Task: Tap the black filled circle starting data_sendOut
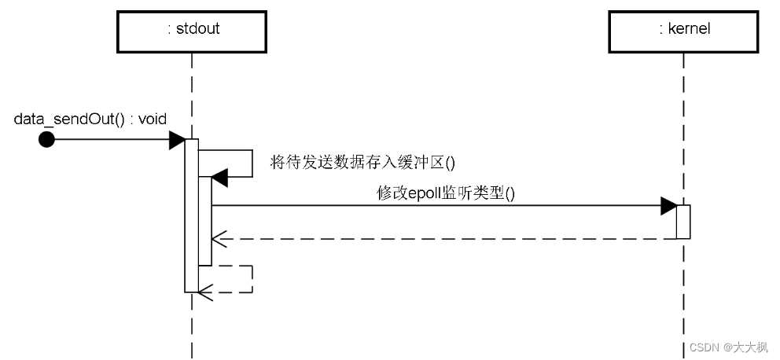pyautogui.click(x=47, y=140)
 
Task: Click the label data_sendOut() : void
pyautogui.click(x=90, y=119)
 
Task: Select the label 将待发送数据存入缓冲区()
pyautogui.click(x=362, y=162)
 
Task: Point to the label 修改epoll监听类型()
pyautogui.click(x=446, y=193)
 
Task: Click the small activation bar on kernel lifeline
pyautogui.click(x=683, y=222)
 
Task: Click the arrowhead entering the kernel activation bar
pyautogui.click(x=668, y=207)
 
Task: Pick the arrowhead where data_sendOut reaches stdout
pyautogui.click(x=177, y=140)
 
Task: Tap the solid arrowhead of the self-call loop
pyautogui.click(x=219, y=178)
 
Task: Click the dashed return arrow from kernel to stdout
pyautogui.click(x=440, y=237)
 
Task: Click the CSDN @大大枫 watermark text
pyautogui.click(x=729, y=347)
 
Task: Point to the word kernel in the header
pyautogui.click(x=689, y=30)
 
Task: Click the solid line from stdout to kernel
pyautogui.click(x=440, y=207)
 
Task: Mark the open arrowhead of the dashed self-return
pyautogui.click(x=206, y=292)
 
